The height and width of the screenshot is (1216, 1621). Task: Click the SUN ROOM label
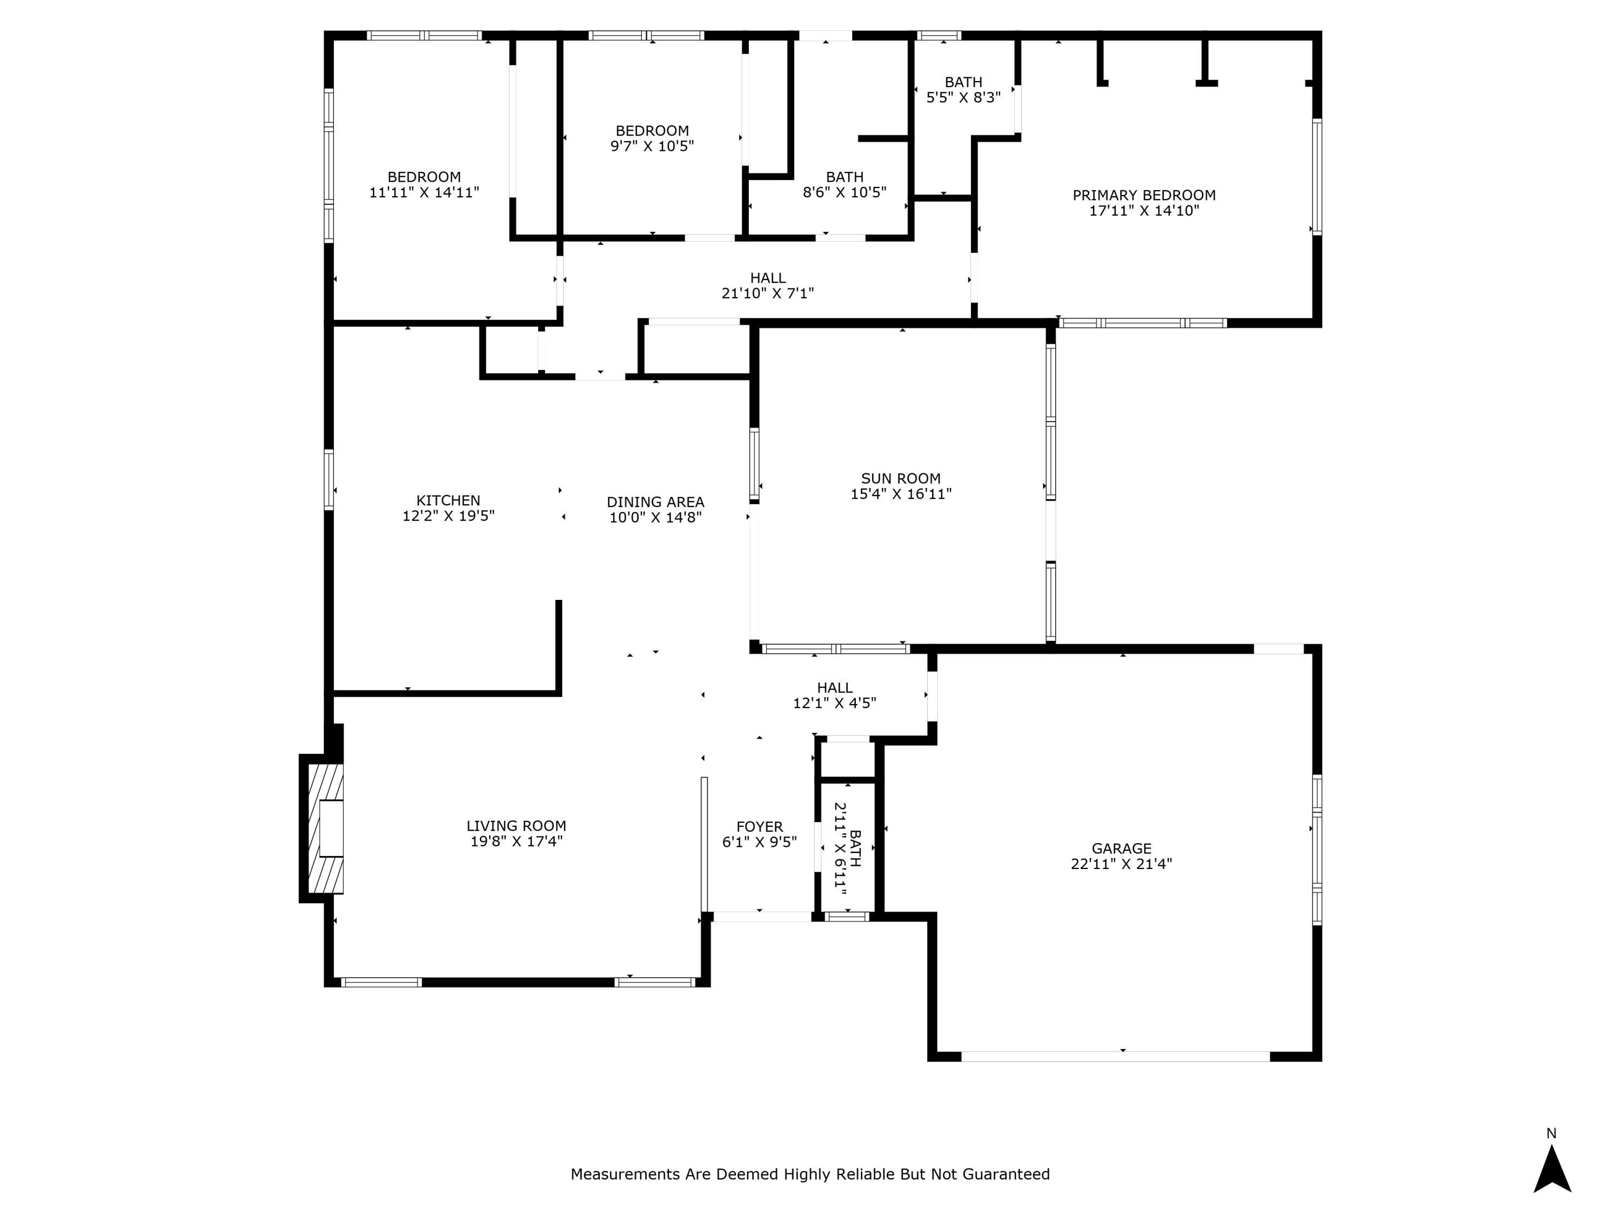pyautogui.click(x=901, y=479)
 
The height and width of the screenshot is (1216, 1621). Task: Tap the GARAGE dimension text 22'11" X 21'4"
pyautogui.click(x=1121, y=864)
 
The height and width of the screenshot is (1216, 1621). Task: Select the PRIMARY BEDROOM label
pyautogui.click(x=1144, y=195)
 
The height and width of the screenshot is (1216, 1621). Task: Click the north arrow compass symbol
pyautogui.click(x=1552, y=1169)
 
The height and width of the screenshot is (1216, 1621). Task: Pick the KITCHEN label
pyautogui.click(x=448, y=500)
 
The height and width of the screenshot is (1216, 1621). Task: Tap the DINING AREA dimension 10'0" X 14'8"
pyautogui.click(x=655, y=518)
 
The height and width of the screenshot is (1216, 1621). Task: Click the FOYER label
pyautogui.click(x=759, y=827)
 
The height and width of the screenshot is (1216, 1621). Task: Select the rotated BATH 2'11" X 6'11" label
pyautogui.click(x=848, y=849)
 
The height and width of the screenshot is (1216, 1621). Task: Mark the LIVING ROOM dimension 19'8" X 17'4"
pyautogui.click(x=516, y=841)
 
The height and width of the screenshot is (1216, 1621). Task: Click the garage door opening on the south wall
pyautogui.click(x=1115, y=1056)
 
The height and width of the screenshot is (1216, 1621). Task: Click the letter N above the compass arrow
pyautogui.click(x=1551, y=1133)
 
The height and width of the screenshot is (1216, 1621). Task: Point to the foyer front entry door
pyautogui.click(x=762, y=916)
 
